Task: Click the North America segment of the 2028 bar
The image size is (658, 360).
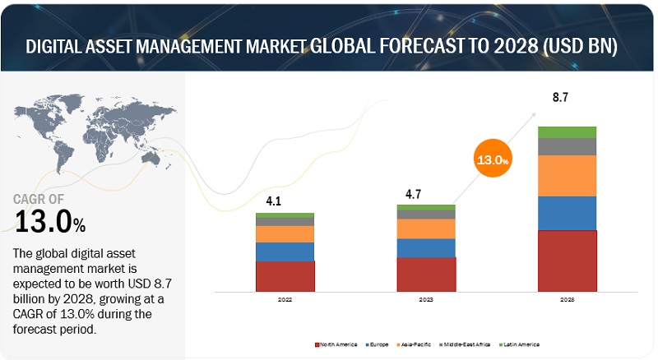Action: tap(567, 261)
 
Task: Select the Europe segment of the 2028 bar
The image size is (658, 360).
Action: tap(567, 213)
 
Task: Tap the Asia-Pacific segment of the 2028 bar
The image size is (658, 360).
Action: tap(567, 175)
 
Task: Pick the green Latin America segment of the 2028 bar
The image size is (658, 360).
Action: tap(567, 132)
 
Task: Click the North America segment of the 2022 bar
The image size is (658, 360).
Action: tap(285, 276)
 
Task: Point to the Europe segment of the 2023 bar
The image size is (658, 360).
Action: tap(426, 247)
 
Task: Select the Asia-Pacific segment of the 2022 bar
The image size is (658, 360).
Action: tap(285, 233)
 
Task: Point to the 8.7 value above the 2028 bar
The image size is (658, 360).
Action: tap(561, 98)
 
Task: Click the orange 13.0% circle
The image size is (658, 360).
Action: tap(490, 160)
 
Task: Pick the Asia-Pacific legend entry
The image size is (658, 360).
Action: tap(416, 343)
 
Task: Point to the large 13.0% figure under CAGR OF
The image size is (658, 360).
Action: tap(49, 221)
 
